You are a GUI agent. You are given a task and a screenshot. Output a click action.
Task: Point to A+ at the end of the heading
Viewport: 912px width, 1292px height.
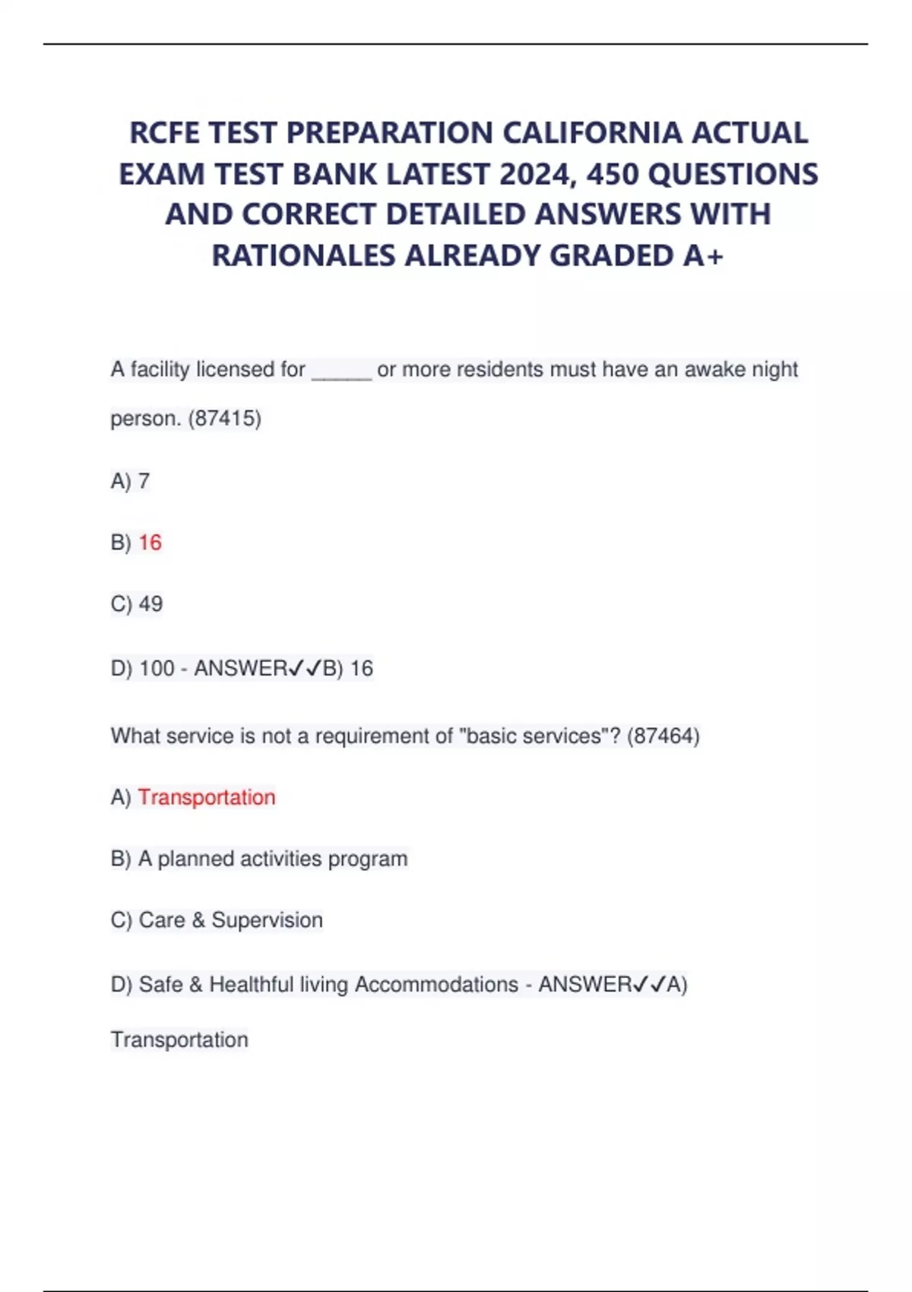point(703,256)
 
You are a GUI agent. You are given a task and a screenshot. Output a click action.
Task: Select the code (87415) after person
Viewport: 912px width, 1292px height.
point(224,419)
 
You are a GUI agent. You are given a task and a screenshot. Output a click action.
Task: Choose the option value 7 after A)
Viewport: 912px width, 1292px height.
point(144,481)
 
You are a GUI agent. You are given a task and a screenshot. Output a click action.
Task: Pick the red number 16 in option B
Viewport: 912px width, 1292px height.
point(150,543)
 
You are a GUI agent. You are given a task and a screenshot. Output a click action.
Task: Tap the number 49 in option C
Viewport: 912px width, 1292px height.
point(150,604)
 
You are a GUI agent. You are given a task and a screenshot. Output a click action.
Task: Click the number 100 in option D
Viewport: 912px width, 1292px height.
point(157,668)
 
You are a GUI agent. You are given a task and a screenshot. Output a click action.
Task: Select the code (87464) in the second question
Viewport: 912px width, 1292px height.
point(663,736)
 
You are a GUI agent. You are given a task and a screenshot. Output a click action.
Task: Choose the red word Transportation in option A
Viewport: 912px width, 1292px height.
point(207,797)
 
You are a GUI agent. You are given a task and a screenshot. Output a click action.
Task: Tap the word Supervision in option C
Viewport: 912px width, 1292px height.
point(267,920)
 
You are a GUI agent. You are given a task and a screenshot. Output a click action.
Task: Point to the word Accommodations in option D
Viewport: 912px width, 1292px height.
point(436,984)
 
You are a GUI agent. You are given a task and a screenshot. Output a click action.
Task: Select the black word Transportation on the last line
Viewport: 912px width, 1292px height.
point(179,1040)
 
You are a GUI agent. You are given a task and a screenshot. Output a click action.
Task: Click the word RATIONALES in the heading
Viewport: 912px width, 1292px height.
point(304,256)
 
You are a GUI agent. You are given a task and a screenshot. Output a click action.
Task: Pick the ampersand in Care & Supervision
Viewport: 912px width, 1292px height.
point(198,920)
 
